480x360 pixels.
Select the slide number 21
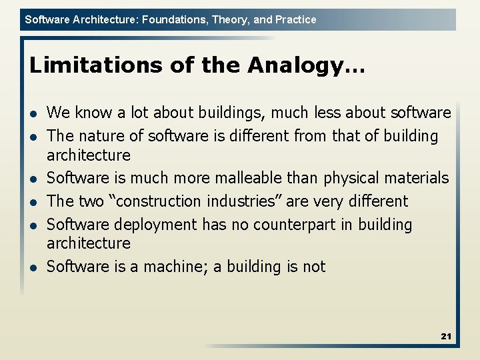[446, 336]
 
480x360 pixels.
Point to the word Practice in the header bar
[295, 19]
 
